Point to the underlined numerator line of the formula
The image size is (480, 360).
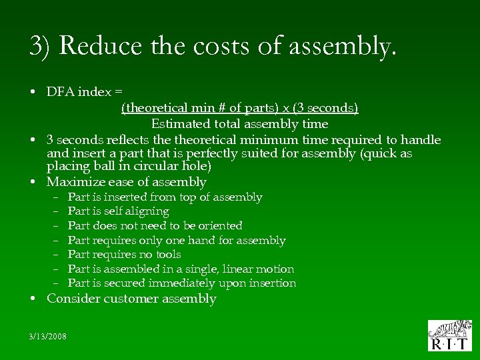coord(239,108)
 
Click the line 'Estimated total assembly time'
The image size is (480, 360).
coord(239,124)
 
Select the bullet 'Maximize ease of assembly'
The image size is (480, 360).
coord(126,181)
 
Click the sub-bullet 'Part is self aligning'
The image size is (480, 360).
coord(118,211)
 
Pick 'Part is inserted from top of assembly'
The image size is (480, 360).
coord(165,197)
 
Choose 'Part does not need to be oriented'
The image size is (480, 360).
coord(155,225)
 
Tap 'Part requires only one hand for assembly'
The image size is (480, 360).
coord(177,240)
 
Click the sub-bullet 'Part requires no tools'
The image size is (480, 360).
coord(124,255)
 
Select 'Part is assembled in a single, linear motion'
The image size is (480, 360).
coord(181,269)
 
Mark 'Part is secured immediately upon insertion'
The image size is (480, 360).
coord(182,283)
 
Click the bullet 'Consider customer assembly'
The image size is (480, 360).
coord(131,299)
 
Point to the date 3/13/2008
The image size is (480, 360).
coord(47,336)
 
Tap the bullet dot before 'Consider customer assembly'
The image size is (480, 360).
coord(33,299)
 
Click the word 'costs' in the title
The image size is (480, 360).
coord(205,45)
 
